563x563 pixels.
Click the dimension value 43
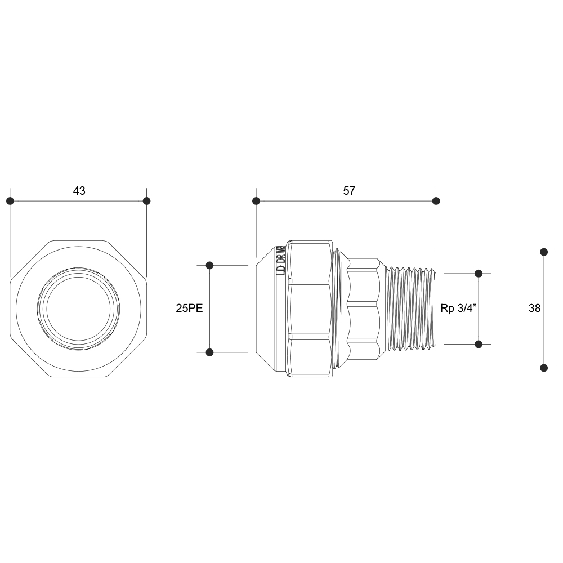79,191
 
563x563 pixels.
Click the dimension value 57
349,191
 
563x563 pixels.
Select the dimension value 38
534,309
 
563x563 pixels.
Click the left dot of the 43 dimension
10,201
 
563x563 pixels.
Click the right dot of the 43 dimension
147,201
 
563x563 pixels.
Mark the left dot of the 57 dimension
256,201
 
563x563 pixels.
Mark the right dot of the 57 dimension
436,201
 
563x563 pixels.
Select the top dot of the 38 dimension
544,252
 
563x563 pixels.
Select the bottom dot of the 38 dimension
544,368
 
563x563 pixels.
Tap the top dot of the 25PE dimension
209,265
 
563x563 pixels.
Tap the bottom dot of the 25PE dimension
209,352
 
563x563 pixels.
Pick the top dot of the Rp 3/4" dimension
479,274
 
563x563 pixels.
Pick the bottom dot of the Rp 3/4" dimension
479,344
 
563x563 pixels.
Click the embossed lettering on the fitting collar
280,262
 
